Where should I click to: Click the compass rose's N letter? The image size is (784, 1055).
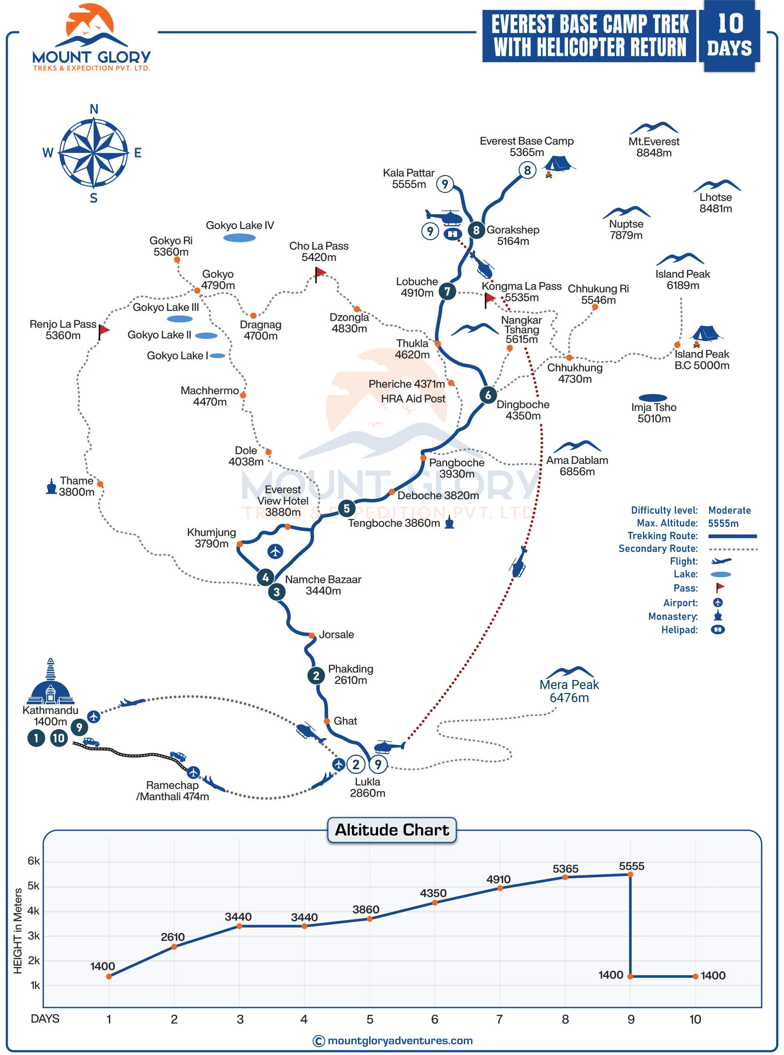[x=94, y=110]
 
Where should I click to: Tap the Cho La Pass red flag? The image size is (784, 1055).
[x=321, y=272]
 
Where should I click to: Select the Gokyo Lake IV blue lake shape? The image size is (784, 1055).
[x=239, y=238]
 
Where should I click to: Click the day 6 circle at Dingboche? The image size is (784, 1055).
[x=488, y=395]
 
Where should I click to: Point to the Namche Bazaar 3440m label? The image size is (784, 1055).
[x=323, y=585]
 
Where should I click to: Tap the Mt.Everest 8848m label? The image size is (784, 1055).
[x=653, y=147]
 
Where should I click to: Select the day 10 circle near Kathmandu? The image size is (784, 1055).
[x=59, y=738]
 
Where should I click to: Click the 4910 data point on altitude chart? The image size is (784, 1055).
[x=500, y=888]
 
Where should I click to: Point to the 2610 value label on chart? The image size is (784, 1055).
[x=172, y=937]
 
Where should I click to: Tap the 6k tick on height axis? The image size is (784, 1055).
[x=34, y=861]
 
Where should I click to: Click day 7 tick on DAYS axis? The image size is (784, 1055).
[x=499, y=1019]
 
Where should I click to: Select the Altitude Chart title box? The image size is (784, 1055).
[x=392, y=830]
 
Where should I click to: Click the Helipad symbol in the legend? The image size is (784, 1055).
[x=717, y=630]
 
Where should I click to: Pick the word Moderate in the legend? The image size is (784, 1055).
[x=729, y=510]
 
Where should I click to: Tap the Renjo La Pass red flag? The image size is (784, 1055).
[x=104, y=329]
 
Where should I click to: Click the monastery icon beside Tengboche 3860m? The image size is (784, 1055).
[x=449, y=523]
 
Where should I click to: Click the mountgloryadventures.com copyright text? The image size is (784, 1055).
[x=392, y=1041]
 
